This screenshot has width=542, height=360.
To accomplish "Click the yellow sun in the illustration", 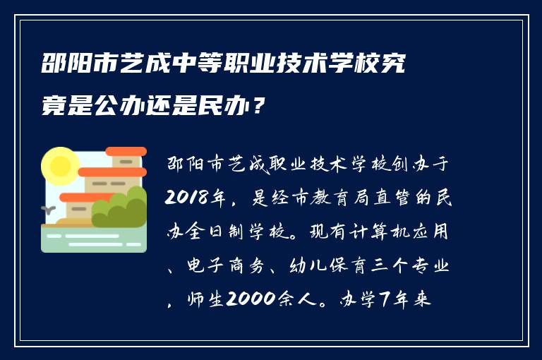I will point(59,167).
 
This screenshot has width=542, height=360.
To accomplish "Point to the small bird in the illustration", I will point(49,209).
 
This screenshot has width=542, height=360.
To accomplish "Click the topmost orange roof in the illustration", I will point(126,152).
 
